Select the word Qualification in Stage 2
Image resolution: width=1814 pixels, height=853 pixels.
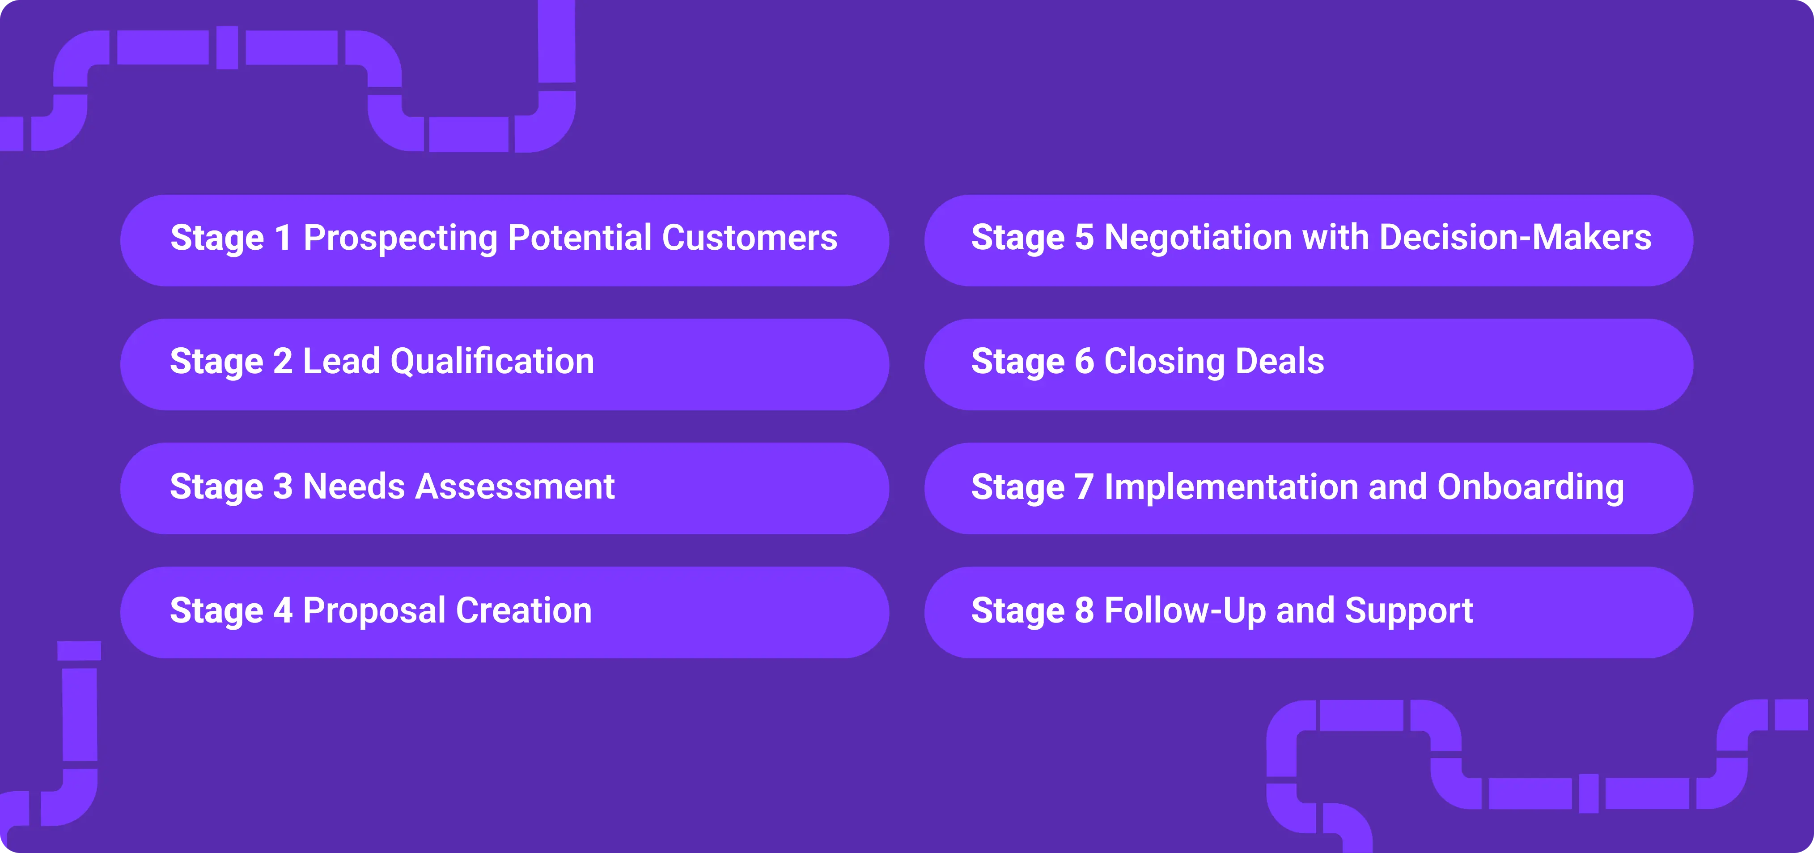pyautogui.click(x=492, y=362)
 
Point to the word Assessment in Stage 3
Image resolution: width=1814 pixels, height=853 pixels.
pyautogui.click(x=515, y=487)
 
